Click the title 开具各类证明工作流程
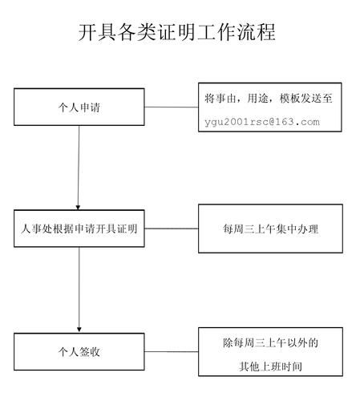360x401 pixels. [x=177, y=32]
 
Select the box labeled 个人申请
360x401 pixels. [x=79, y=107]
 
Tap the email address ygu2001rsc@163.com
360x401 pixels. [x=262, y=122]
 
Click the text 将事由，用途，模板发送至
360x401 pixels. [x=269, y=99]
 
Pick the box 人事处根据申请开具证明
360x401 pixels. [x=79, y=229]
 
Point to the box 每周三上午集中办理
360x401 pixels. [x=270, y=229]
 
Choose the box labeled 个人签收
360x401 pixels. [x=79, y=352]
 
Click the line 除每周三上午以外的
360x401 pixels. [x=270, y=342]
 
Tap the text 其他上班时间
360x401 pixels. [x=270, y=367]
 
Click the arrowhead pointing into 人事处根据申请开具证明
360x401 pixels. [x=78, y=208]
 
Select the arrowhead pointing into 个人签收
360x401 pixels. [x=79, y=330]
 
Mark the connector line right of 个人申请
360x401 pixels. [x=172, y=107]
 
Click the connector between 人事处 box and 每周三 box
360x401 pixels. [x=172, y=229]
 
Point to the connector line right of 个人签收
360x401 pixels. [x=172, y=351]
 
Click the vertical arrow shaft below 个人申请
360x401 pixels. [x=79, y=166]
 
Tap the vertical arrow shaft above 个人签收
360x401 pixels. [x=79, y=287]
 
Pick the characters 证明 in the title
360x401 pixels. [x=177, y=32]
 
